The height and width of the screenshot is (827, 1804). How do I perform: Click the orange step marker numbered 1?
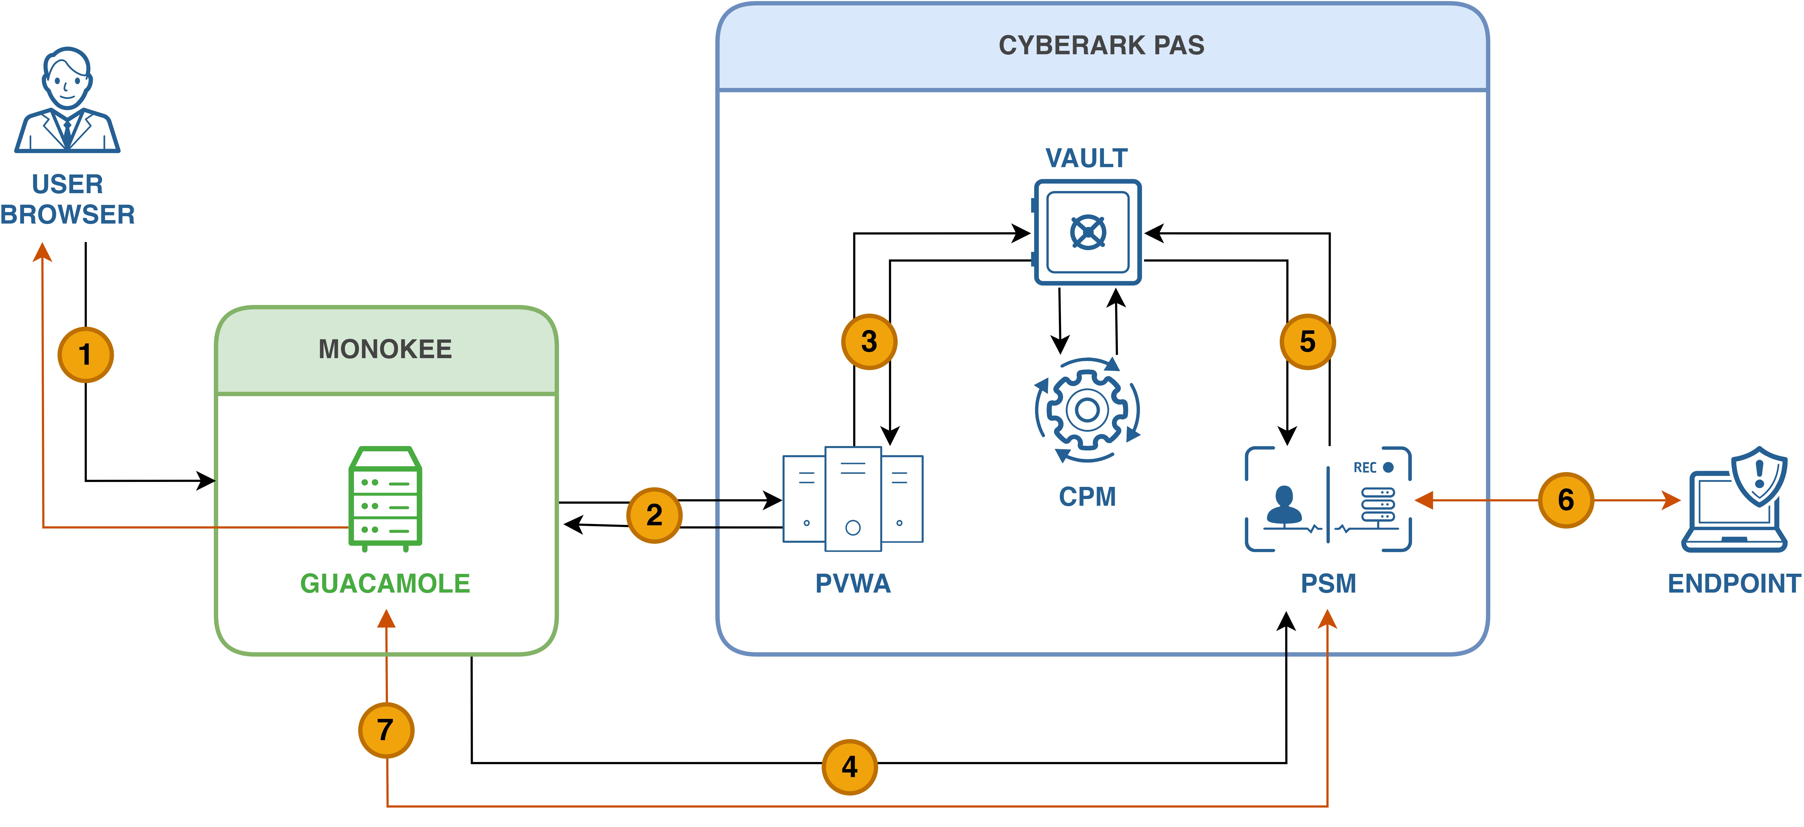86,354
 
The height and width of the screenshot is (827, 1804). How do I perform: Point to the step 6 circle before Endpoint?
1566,500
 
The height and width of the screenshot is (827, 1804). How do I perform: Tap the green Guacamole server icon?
385,499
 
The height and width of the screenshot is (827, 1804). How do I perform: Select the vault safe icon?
1088,232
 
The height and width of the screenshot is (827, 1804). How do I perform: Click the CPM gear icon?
1088,410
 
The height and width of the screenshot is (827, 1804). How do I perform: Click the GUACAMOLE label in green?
385,583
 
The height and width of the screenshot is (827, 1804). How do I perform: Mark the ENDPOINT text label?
1734,583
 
